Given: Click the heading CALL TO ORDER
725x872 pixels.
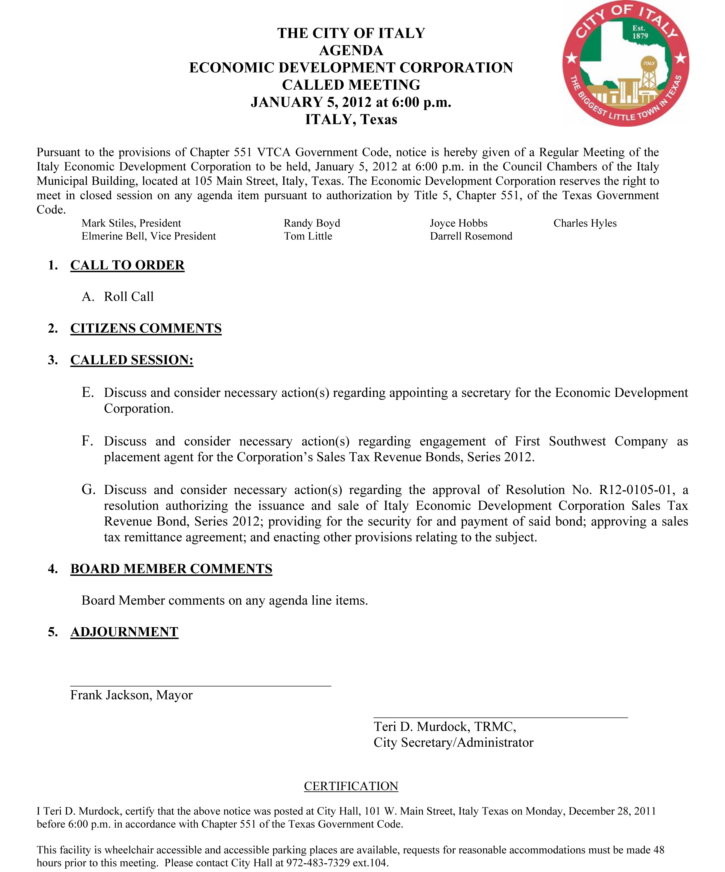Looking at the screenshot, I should [x=127, y=265].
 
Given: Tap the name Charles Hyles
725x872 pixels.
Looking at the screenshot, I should [x=585, y=223].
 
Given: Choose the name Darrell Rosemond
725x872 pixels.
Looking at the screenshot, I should [x=471, y=236].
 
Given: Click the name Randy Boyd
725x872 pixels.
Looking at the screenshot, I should [x=312, y=223].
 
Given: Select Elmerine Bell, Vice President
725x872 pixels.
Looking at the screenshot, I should [x=149, y=236].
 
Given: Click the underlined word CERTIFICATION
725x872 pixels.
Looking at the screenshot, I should [x=351, y=786].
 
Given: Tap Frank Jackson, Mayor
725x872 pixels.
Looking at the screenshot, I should [x=131, y=695].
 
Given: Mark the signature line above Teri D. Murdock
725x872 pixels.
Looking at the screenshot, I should [x=500, y=717].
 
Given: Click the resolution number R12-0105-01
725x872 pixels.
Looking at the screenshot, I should [x=635, y=490].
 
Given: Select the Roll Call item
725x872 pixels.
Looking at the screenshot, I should [x=129, y=296].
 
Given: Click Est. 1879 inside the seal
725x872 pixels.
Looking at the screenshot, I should [x=640, y=32].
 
